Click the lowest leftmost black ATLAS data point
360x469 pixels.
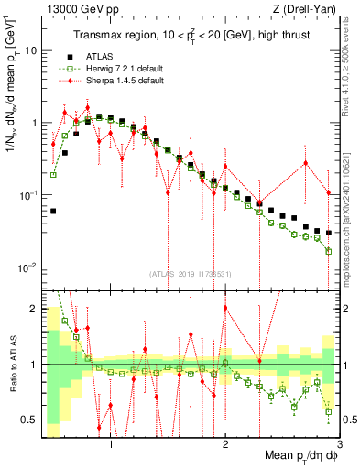coord(53,211)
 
